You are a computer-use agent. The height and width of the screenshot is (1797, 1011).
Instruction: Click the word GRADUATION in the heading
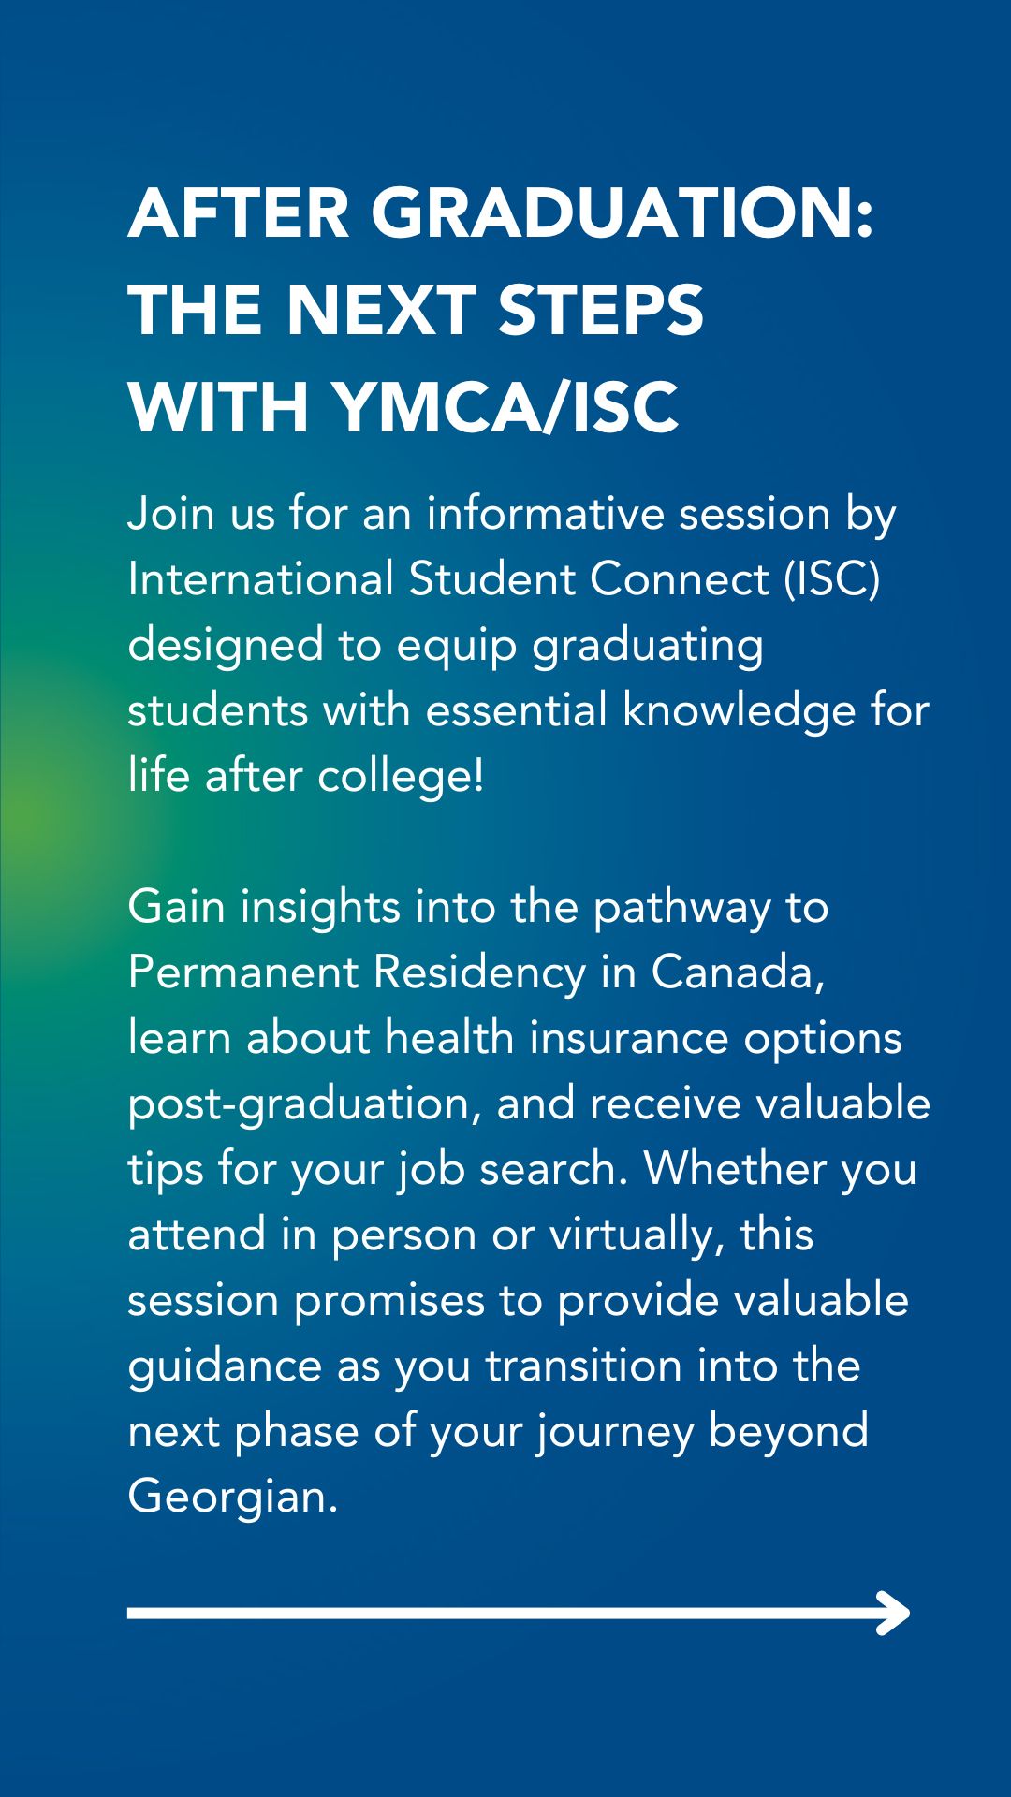[x=623, y=213]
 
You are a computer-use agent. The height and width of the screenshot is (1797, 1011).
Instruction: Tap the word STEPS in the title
[x=600, y=311]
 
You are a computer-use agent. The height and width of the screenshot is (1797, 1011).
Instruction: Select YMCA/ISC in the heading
[x=505, y=408]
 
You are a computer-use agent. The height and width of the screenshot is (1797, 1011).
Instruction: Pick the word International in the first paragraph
[x=260, y=579]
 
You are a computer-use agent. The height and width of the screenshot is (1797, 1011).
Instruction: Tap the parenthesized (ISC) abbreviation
[x=832, y=579]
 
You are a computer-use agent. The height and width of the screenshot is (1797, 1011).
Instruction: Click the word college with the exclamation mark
[x=402, y=776]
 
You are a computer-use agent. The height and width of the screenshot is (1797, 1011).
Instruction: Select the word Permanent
[x=242, y=972]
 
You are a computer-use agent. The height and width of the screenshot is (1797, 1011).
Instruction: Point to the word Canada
[x=739, y=972]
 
